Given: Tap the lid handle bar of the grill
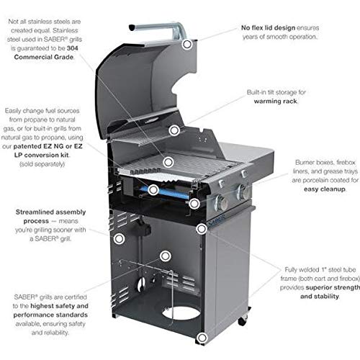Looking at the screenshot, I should [x=155, y=29].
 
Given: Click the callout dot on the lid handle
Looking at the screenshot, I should [x=187, y=44].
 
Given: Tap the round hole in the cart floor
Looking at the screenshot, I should [x=181, y=313].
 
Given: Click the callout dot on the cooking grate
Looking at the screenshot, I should [x=168, y=162].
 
